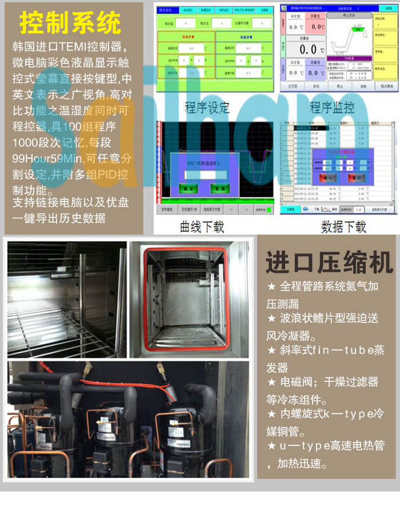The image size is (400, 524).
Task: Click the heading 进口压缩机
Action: [329, 263]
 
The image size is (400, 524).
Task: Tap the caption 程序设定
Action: [207, 107]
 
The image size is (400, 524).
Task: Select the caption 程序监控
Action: [332, 107]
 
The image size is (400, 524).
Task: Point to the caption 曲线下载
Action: [202, 226]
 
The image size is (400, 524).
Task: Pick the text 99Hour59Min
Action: [48, 159]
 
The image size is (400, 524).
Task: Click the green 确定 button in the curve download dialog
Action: [187, 188]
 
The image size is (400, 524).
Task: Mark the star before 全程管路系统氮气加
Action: [271, 286]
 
